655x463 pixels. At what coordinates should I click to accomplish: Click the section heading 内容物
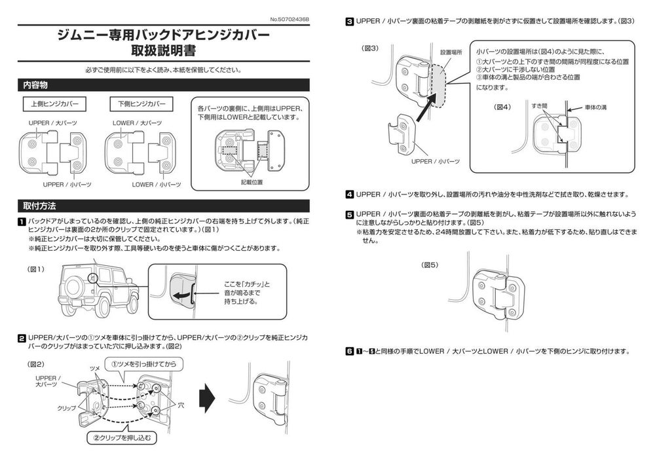[35, 85]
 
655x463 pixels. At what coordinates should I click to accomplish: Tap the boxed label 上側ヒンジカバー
[53, 104]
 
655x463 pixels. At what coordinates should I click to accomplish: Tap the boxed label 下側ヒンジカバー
[141, 104]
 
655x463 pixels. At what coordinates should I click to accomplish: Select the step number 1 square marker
[22, 221]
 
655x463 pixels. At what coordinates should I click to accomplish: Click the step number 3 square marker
[350, 22]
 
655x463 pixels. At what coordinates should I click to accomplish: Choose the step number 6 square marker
[350, 351]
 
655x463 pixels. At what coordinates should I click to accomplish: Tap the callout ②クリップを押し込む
[122, 437]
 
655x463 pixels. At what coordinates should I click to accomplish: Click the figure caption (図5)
[430, 265]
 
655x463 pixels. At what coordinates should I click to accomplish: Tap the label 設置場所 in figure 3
[451, 51]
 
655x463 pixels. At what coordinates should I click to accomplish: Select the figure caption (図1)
[35, 269]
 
